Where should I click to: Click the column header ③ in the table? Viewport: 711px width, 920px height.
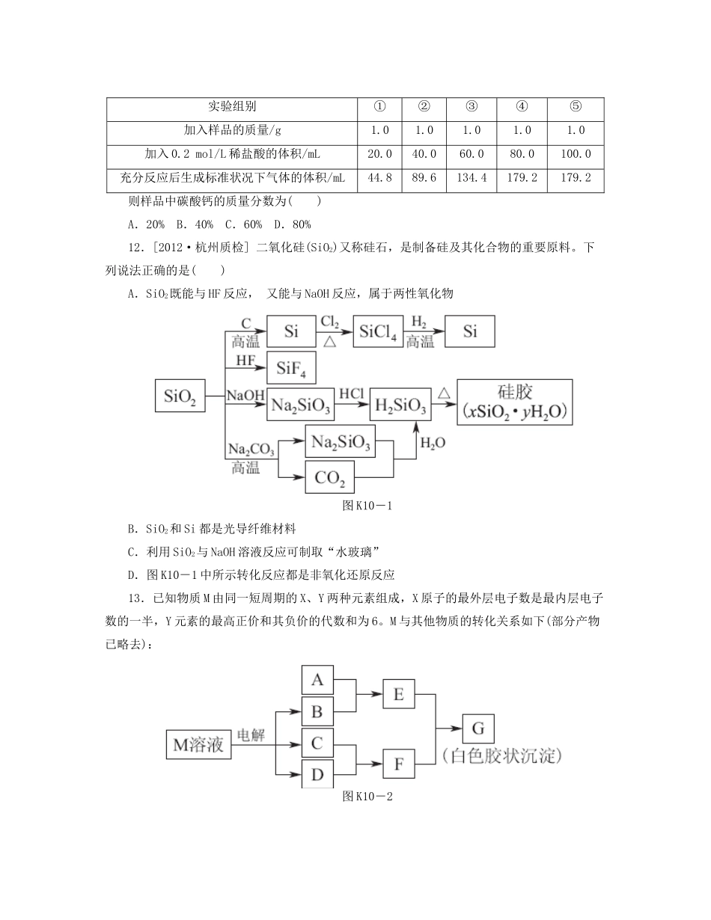tap(471, 106)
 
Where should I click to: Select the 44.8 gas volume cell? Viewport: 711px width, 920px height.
tap(379, 178)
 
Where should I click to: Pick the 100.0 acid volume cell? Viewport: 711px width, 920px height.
tap(576, 154)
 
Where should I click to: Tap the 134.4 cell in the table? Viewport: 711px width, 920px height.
tap(471, 178)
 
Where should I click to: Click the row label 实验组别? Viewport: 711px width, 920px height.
tap(231, 106)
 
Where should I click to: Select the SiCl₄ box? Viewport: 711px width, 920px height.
tap(378, 331)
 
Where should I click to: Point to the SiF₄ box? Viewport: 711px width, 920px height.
tap(290, 367)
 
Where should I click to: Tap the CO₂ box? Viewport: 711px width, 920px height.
tap(329, 476)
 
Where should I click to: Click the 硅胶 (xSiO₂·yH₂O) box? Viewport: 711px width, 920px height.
tap(514, 402)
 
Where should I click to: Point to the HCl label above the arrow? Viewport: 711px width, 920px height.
tap(351, 393)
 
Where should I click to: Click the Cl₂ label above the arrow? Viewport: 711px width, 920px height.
tap(329, 322)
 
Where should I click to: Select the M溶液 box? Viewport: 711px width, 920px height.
tap(199, 745)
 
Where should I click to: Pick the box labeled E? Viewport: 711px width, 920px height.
tap(397, 695)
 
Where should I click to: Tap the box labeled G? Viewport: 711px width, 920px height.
tap(478, 729)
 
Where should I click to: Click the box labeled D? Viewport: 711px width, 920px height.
tap(317, 774)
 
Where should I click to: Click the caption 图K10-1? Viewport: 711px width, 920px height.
tap(366, 506)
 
